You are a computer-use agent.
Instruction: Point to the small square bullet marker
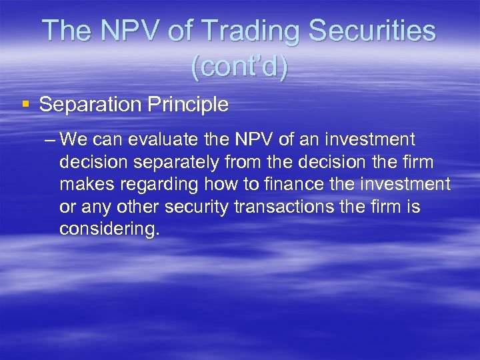coord(26,104)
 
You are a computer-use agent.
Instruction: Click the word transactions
coord(284,207)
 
